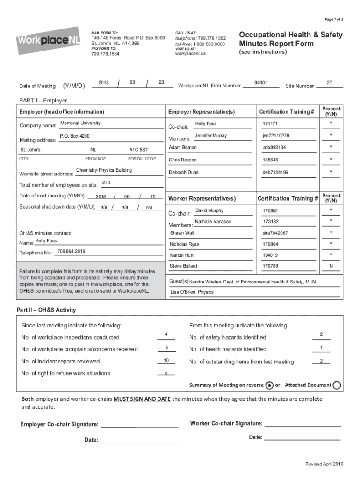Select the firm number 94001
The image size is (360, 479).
point(260,82)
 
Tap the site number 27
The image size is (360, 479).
point(329,82)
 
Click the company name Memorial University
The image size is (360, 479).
point(80,123)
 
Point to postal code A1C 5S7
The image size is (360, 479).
point(138,150)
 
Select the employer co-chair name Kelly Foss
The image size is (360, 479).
point(206,123)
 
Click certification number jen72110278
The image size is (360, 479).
point(276,136)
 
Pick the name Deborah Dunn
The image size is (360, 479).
point(184,172)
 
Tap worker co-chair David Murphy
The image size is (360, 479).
point(209,210)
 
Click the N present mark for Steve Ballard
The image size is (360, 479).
point(331,266)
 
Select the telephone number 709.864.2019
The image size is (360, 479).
point(71,251)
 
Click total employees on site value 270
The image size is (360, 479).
point(106,182)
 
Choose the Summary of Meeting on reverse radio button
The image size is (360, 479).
point(269,385)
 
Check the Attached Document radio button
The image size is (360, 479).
point(337,385)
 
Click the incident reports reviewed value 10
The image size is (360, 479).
point(166,360)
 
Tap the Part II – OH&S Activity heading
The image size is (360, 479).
point(46,310)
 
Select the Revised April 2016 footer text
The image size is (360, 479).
point(324,464)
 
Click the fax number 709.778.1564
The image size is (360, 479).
point(105,54)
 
